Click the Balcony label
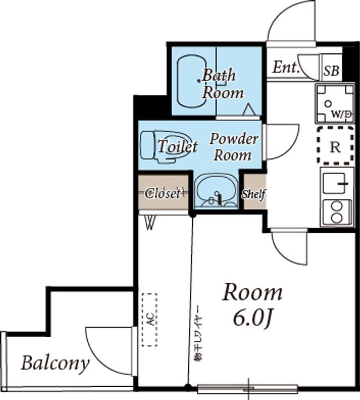56,363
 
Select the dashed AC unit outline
150,319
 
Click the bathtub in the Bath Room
192,81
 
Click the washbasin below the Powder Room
216,191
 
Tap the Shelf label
253,194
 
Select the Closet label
163,193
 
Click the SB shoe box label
332,71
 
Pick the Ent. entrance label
285,67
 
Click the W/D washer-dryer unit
335,103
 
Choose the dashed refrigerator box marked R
335,145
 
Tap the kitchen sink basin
334,183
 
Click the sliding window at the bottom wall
248,389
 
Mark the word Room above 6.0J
253,293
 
